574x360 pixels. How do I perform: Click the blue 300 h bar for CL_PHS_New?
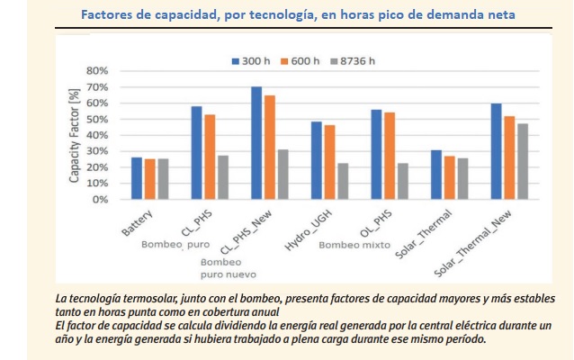[x=256, y=143]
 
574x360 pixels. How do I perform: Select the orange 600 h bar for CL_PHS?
[x=210, y=157]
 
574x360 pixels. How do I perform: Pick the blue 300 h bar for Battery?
[x=136, y=178]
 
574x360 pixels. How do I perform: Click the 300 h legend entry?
[x=255, y=60]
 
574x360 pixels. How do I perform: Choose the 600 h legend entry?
[x=302, y=60]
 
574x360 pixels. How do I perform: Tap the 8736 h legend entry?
[x=354, y=60]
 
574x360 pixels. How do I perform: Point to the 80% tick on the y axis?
[x=96, y=71]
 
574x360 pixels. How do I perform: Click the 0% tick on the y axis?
[x=99, y=200]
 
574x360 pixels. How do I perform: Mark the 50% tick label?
[x=96, y=120]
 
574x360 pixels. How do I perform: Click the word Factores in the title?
[x=107, y=15]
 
